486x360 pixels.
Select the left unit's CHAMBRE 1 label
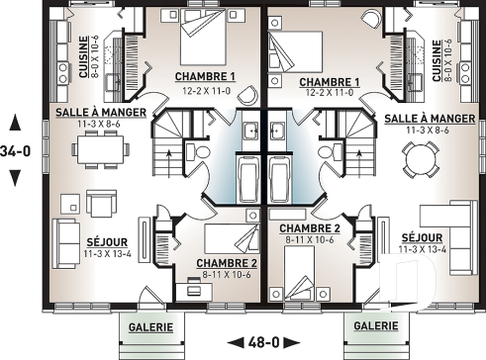click(205, 76)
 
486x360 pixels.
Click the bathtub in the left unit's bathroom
click(248, 180)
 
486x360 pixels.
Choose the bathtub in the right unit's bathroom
click(280, 180)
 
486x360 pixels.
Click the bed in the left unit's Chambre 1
click(207, 40)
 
